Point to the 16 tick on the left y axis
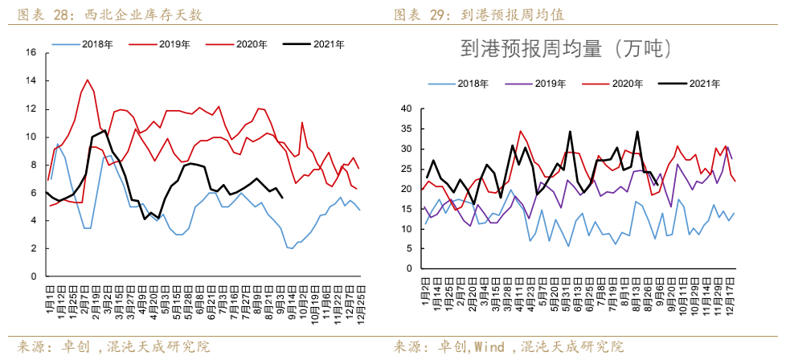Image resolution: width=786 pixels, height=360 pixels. click(x=31, y=53)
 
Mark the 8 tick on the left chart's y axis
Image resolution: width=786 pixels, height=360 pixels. click(x=33, y=165)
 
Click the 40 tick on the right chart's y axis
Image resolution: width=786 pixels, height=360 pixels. click(x=406, y=108)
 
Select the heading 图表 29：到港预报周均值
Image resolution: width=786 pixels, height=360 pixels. click(x=484, y=15)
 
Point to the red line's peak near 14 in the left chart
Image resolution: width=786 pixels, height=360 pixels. click(x=88, y=80)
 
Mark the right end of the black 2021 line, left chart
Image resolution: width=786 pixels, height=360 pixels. click(x=281, y=197)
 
